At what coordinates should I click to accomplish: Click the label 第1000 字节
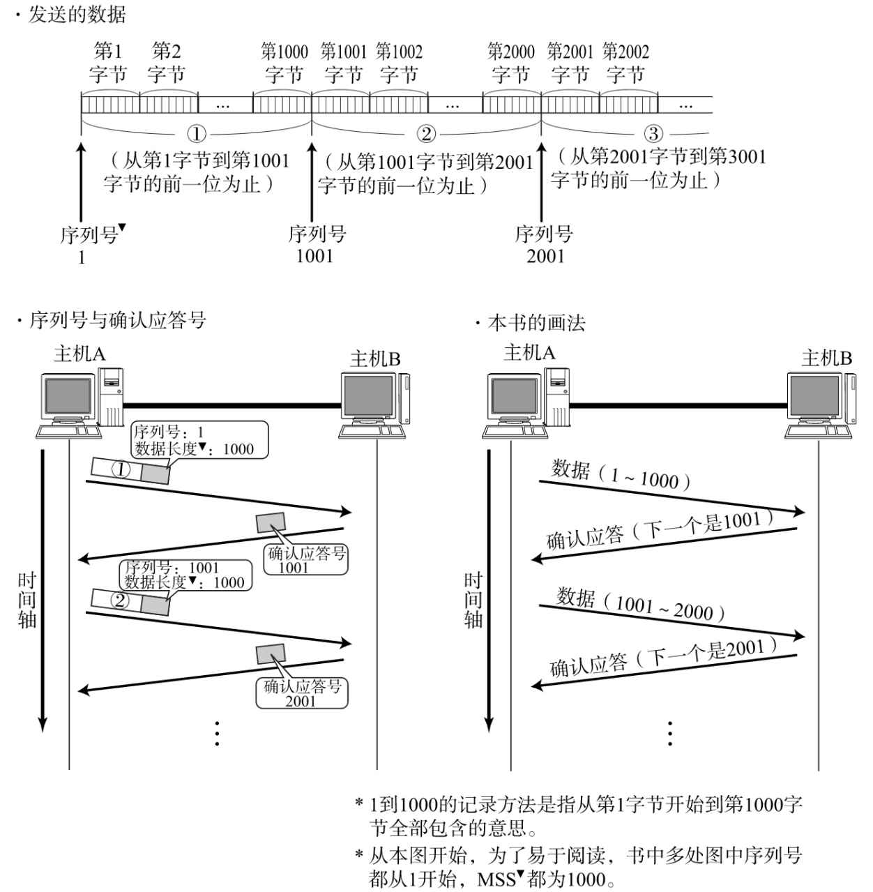pyautogui.click(x=284, y=63)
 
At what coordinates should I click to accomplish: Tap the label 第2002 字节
pyautogui.click(x=625, y=63)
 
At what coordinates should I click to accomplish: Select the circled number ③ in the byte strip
pyautogui.click(x=653, y=133)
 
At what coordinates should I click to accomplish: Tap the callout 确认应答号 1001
pyautogui.click(x=307, y=560)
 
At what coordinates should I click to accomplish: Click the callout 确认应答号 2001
pyautogui.click(x=301, y=693)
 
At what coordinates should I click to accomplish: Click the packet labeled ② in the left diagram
pyautogui.click(x=131, y=600)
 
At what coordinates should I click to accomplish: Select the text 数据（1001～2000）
pyautogui.click(x=641, y=605)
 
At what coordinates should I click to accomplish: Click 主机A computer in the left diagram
pyautogui.click(x=80, y=402)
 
